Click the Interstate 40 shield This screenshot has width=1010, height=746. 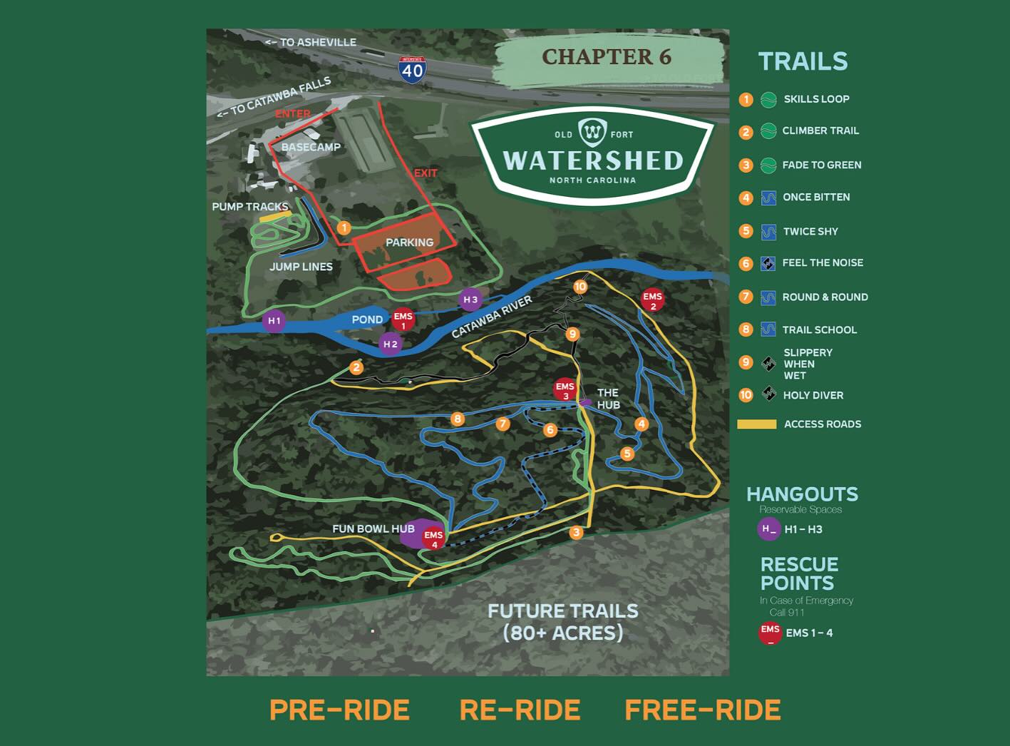[412, 70]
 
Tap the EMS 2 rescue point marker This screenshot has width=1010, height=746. [652, 300]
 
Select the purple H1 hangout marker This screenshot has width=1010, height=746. [274, 321]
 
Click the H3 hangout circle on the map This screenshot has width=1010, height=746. [470, 300]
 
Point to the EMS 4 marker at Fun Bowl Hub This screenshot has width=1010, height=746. [433, 538]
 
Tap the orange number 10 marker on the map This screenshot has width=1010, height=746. [580, 287]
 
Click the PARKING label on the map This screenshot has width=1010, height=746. [409, 242]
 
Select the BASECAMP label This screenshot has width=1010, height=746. [311, 147]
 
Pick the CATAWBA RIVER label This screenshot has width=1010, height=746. [492, 317]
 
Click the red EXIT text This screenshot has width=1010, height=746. [426, 173]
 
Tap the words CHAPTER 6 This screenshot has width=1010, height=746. [607, 57]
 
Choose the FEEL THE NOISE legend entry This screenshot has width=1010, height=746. [823, 262]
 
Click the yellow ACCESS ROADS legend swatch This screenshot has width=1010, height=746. [756, 424]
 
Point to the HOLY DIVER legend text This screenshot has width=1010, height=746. [813, 395]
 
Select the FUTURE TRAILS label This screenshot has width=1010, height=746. [562, 621]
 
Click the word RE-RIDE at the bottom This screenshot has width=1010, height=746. [520, 710]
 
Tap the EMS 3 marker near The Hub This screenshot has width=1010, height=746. [565, 390]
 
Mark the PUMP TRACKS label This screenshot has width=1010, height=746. [250, 207]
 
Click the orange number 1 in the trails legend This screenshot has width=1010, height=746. [746, 99]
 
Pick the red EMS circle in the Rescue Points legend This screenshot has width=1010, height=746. [770, 633]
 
